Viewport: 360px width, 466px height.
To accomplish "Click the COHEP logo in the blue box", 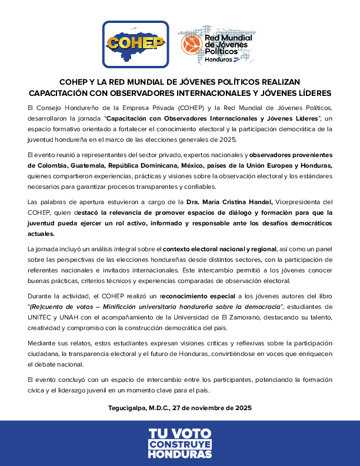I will (135, 45).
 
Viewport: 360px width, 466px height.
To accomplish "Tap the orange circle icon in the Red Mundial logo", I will (191, 45).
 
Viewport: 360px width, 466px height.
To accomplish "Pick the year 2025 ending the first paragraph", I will (228, 139).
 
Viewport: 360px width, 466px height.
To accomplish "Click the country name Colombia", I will (47, 165).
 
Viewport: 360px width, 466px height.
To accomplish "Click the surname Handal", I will (256, 202).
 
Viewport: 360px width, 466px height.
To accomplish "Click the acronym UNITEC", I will (40, 317).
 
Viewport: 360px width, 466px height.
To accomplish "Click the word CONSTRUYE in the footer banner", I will (179, 445).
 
